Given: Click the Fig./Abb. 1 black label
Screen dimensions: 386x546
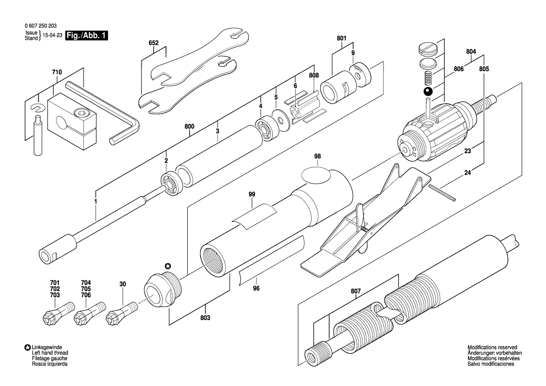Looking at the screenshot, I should coord(86,36).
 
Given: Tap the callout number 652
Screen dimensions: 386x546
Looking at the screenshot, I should coord(154,43).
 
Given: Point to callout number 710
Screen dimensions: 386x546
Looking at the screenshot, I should coord(57,72).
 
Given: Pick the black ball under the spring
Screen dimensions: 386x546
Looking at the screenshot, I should coord(428,92).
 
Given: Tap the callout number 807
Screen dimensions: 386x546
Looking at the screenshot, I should coord(356,292).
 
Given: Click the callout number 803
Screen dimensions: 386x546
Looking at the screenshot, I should coord(206,317).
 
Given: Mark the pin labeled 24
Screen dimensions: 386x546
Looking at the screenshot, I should coord(440,193).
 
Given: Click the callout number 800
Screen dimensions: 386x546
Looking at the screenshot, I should coord(189,126).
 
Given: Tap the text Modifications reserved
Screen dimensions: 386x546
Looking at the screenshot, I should coord(492,348).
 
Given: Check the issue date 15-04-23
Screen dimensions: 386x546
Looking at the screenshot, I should coord(52,36).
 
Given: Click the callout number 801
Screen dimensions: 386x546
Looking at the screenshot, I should coord(341,38).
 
